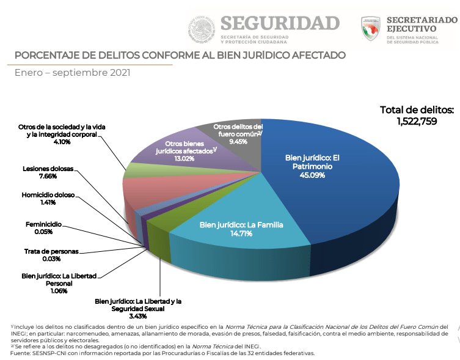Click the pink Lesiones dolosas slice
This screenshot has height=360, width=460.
164,191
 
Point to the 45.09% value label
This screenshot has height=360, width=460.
312,175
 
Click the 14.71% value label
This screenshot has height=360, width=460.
241,233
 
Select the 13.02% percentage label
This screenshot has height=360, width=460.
184,159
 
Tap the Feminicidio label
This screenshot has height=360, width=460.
44,225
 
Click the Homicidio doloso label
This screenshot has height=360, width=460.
48,195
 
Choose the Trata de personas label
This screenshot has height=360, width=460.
51,251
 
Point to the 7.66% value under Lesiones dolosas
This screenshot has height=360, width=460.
48,176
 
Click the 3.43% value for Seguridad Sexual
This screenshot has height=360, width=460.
138,316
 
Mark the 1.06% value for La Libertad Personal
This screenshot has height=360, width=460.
59,291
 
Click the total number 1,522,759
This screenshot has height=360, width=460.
417,121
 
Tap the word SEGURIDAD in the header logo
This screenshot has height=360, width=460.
280,23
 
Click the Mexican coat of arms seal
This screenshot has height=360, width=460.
202,29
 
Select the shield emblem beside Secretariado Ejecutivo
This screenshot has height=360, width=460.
371,29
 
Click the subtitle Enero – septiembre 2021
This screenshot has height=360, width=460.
73,73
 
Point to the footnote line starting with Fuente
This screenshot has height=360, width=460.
162,353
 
